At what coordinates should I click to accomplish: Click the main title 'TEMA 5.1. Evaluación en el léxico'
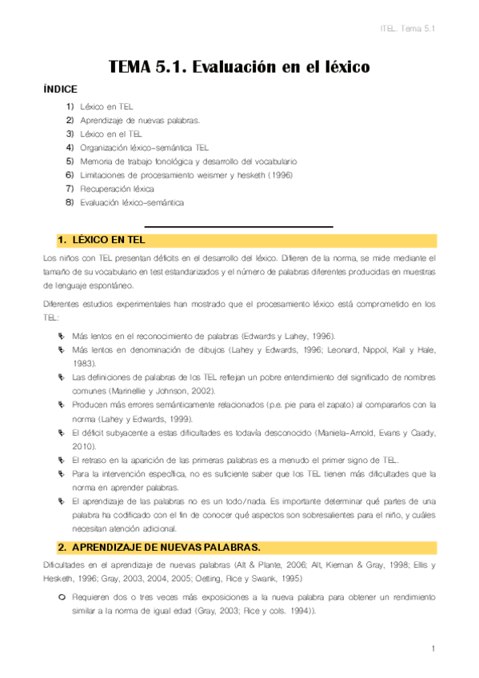(x=239, y=67)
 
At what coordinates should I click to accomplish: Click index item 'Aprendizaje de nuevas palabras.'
(x=140, y=120)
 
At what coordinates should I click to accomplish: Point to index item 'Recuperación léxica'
(x=117, y=189)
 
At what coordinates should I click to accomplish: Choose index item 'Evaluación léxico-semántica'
(x=132, y=202)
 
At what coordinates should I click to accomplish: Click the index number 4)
(x=70, y=147)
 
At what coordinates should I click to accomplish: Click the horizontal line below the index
(x=238, y=227)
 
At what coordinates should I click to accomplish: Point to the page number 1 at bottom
(x=433, y=648)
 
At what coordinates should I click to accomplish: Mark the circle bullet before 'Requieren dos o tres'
(x=61, y=597)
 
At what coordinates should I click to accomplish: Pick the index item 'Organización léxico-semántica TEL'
(x=144, y=147)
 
